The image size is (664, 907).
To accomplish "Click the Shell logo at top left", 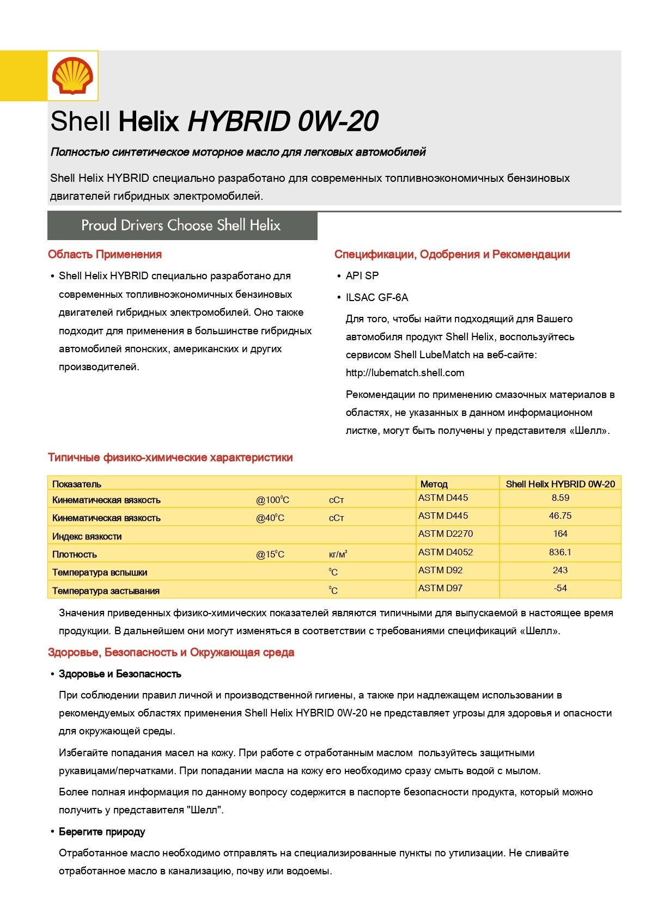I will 72,76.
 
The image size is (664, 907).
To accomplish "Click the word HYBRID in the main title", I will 238,121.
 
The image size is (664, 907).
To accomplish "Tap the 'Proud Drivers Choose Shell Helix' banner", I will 181,225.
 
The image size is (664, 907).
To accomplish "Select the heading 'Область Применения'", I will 105,254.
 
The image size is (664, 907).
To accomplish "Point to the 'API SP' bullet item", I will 362,276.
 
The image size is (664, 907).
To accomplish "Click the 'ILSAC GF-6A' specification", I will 376,298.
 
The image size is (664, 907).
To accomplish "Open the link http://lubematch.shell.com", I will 405,373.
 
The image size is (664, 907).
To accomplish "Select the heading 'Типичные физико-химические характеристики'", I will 170,457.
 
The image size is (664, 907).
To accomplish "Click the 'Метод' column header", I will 434,484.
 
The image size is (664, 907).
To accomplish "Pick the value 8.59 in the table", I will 560,498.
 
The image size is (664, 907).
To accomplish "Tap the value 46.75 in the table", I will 560,516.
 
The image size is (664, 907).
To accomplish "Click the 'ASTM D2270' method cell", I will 446,534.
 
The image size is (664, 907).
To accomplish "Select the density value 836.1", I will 560,552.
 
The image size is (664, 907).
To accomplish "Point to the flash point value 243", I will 560,570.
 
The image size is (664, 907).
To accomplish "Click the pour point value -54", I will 560,588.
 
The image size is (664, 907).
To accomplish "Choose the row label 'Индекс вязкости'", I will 87,536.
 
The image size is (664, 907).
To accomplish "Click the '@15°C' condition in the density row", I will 270,554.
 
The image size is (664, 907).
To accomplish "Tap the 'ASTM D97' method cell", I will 440,588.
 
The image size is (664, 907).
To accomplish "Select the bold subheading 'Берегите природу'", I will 102,832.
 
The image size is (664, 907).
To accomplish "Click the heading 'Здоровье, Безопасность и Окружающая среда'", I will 171,652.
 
